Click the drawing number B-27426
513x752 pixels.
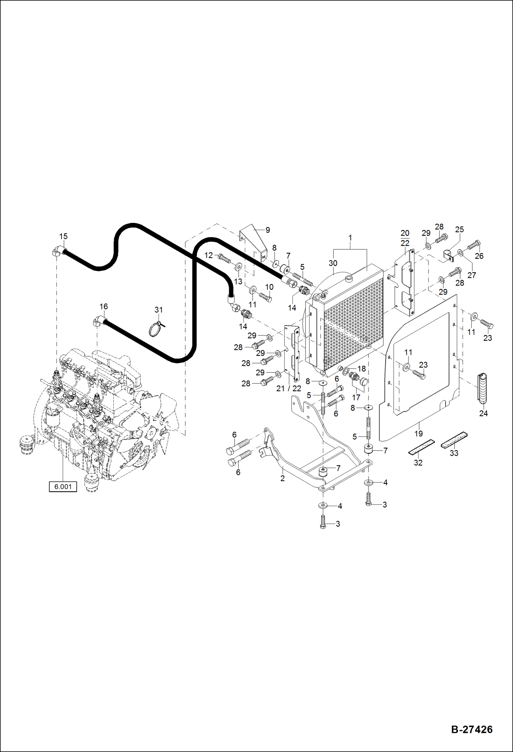(472, 729)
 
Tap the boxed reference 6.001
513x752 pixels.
(63, 486)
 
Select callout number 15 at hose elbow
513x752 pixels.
(63, 236)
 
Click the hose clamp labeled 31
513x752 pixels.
(156, 329)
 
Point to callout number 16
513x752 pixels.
(103, 306)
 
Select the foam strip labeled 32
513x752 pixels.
(421, 447)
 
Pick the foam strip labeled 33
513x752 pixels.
(454, 440)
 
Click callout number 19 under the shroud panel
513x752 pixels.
(418, 433)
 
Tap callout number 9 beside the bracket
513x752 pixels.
(267, 230)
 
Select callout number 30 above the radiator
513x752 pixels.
(333, 263)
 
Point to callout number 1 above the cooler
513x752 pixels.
(350, 238)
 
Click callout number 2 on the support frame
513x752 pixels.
(283, 478)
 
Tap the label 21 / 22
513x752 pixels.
(289, 389)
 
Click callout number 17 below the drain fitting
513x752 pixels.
(356, 397)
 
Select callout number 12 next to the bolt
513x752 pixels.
(209, 255)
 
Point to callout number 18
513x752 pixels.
(362, 369)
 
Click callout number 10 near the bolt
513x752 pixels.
(269, 287)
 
